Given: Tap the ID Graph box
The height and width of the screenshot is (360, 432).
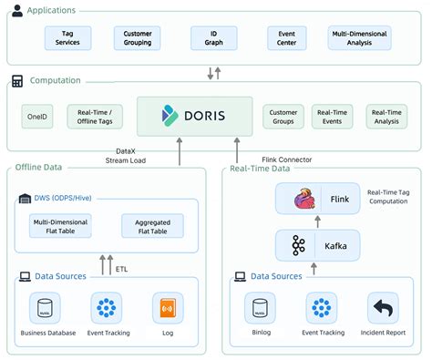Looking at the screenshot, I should click(x=213, y=37).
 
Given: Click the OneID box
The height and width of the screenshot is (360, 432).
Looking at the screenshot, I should click(x=37, y=116).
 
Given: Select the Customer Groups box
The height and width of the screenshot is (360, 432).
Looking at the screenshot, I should click(x=283, y=116).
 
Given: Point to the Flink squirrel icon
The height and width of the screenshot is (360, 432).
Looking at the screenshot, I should click(x=303, y=200).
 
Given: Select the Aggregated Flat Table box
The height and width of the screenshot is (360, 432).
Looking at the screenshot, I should click(x=152, y=225).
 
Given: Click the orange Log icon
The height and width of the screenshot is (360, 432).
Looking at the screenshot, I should click(x=168, y=309).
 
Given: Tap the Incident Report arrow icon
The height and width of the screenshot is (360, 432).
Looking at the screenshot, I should click(x=383, y=309).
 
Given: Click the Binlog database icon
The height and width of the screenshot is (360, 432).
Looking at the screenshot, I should click(x=260, y=309).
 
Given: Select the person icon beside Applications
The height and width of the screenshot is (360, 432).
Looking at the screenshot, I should click(x=17, y=10).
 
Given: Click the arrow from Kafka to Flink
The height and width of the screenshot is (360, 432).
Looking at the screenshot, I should click(x=315, y=221).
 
